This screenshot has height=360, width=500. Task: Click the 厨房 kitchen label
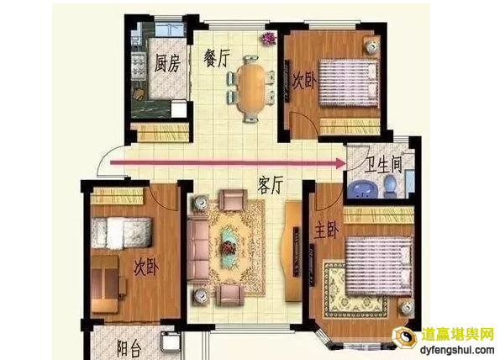[x=167, y=62]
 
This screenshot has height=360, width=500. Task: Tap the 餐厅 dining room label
[x=217, y=57]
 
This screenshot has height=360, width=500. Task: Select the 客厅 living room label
[x=269, y=186]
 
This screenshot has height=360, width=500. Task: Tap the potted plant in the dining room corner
[x=270, y=38]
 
